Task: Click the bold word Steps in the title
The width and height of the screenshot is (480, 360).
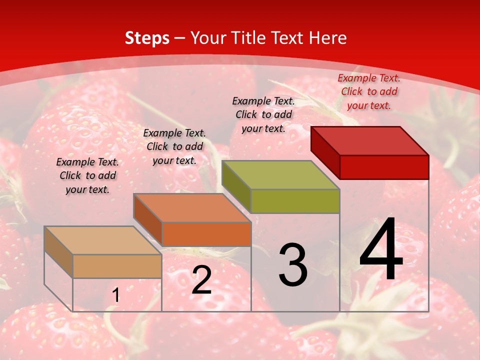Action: point(146,38)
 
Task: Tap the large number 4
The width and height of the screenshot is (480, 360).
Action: point(381,250)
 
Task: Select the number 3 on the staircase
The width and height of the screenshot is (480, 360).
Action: point(292,265)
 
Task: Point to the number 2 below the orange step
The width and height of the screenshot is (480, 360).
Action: point(201,280)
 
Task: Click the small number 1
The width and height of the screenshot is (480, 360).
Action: point(115,295)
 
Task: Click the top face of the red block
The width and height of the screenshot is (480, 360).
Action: point(370,140)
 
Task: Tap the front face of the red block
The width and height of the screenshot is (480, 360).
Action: point(384,167)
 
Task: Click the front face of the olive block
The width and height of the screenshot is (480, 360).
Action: point(295,201)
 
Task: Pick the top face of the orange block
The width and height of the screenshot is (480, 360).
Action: point(192,207)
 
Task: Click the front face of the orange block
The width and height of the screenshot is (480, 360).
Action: point(206,234)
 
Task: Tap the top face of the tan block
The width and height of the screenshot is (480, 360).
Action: point(103,240)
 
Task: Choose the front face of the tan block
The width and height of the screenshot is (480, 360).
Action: point(117,266)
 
